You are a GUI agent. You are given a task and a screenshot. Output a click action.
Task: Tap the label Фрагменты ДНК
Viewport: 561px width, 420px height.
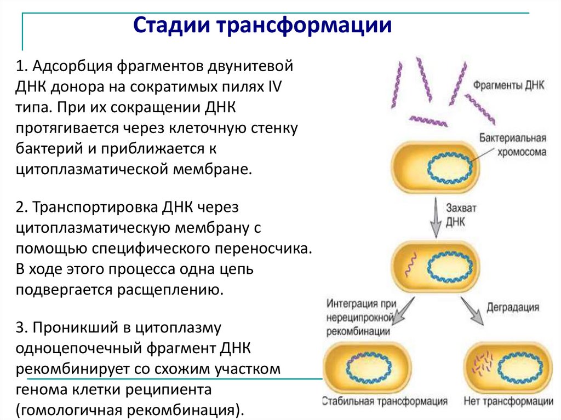coord(508,86)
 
